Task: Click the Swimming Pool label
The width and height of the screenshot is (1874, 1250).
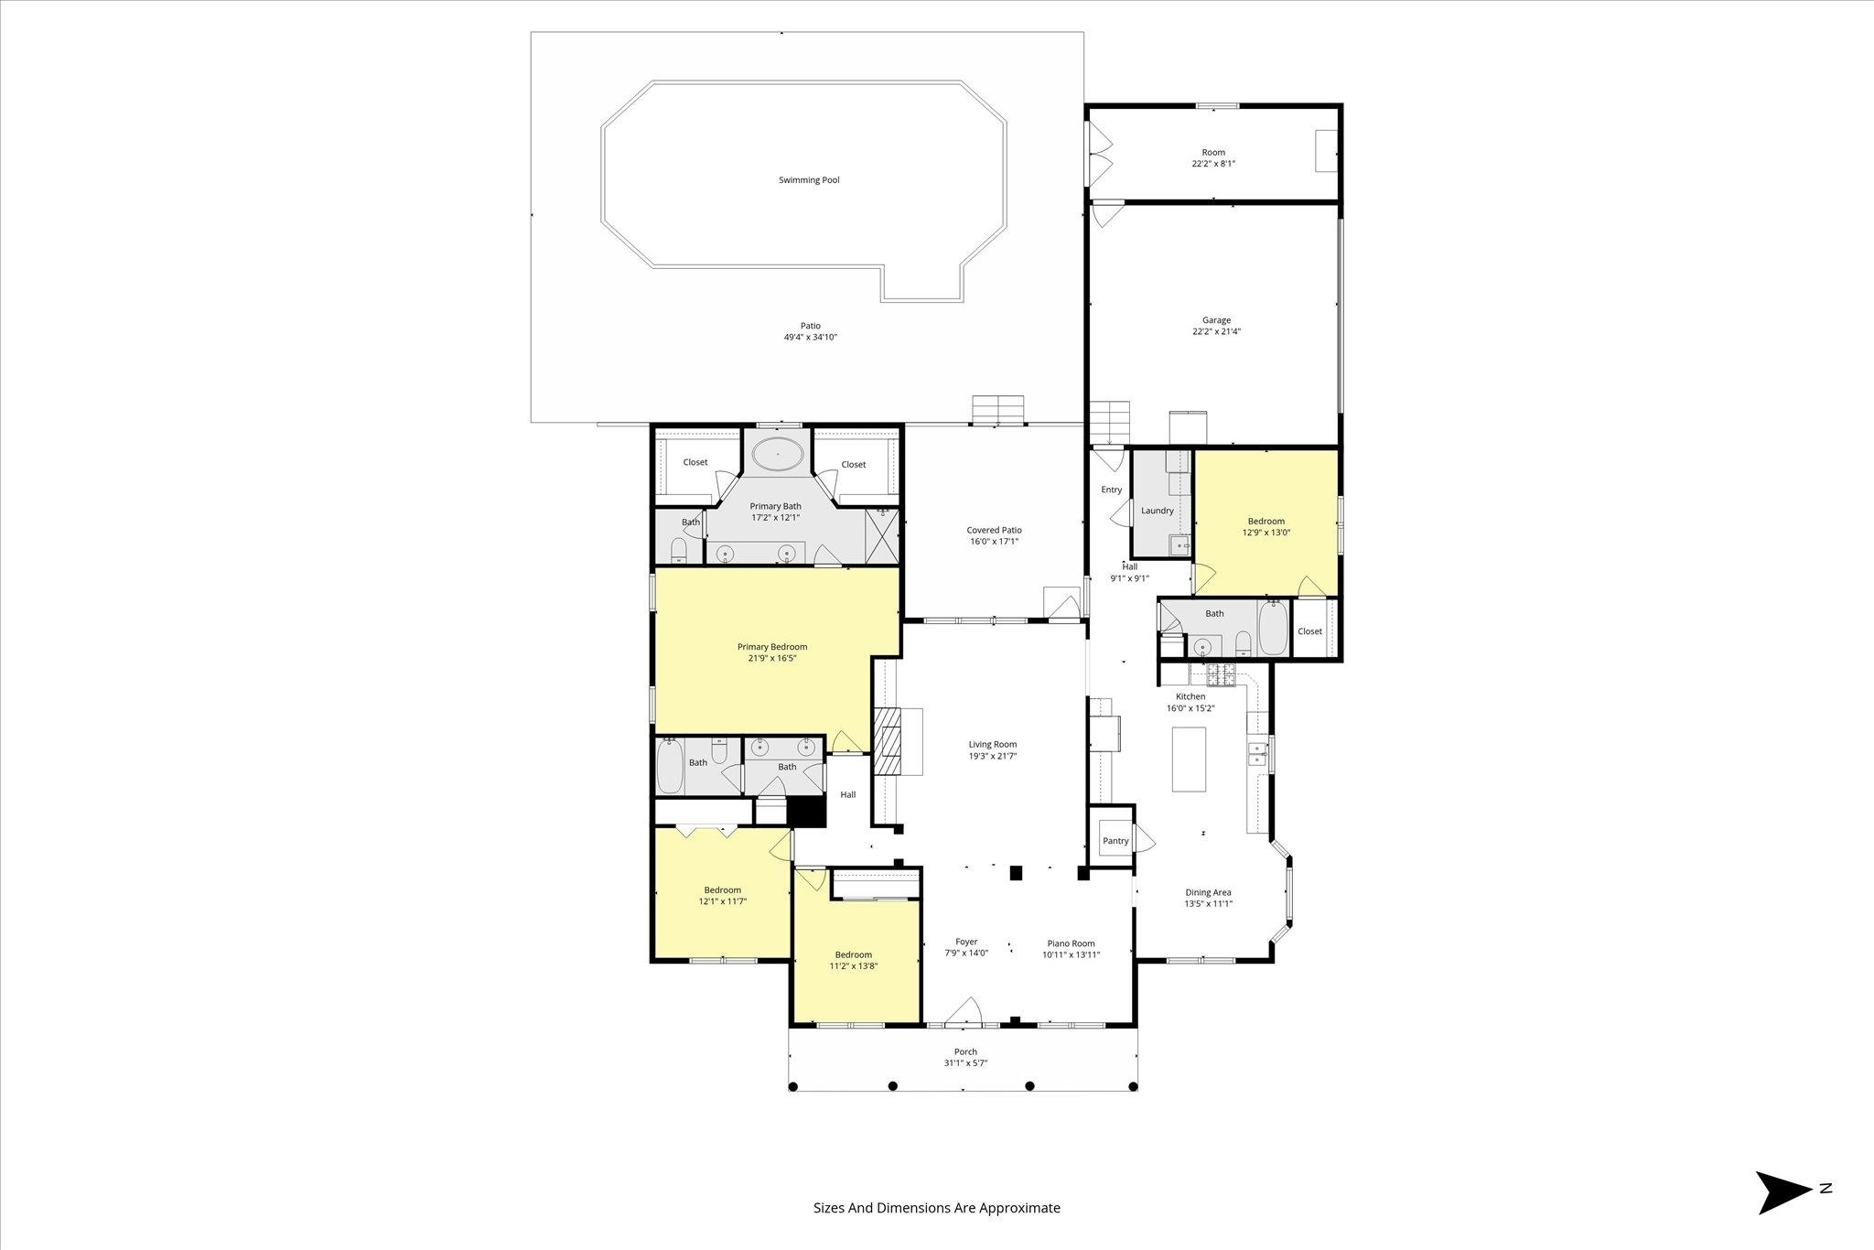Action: pyautogui.click(x=809, y=180)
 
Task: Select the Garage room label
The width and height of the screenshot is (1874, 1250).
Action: pyautogui.click(x=1216, y=320)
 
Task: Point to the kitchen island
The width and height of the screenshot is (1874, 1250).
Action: pyautogui.click(x=1189, y=759)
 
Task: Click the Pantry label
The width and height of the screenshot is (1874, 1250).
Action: pyautogui.click(x=1115, y=841)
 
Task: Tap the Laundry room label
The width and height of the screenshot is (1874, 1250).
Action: pyautogui.click(x=1157, y=511)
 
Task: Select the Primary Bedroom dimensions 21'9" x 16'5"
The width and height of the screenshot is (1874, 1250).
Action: pyautogui.click(x=772, y=658)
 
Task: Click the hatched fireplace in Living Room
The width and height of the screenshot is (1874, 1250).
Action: pyautogui.click(x=888, y=741)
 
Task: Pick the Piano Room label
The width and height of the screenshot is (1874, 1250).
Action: pyautogui.click(x=1071, y=943)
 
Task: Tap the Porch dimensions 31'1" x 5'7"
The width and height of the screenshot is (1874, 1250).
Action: pyautogui.click(x=965, y=1063)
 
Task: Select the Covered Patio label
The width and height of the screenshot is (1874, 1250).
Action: pyautogui.click(x=994, y=530)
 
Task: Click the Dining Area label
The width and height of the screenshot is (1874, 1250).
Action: pyautogui.click(x=1208, y=892)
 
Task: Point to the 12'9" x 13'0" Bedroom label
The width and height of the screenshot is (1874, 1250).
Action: pyautogui.click(x=1265, y=522)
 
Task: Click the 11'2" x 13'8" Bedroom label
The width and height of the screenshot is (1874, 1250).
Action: pyautogui.click(x=853, y=954)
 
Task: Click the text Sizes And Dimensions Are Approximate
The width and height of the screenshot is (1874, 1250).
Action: pyautogui.click(x=937, y=1208)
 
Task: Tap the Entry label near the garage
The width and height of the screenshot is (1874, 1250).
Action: pyautogui.click(x=1111, y=490)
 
